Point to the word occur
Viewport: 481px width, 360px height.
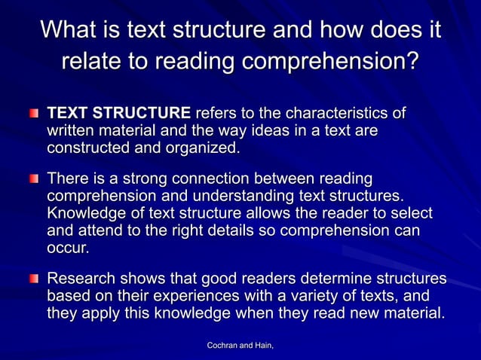[x=68, y=247]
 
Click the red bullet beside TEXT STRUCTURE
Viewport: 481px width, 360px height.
[x=34, y=114]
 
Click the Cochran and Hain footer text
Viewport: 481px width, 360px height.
[x=240, y=345]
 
